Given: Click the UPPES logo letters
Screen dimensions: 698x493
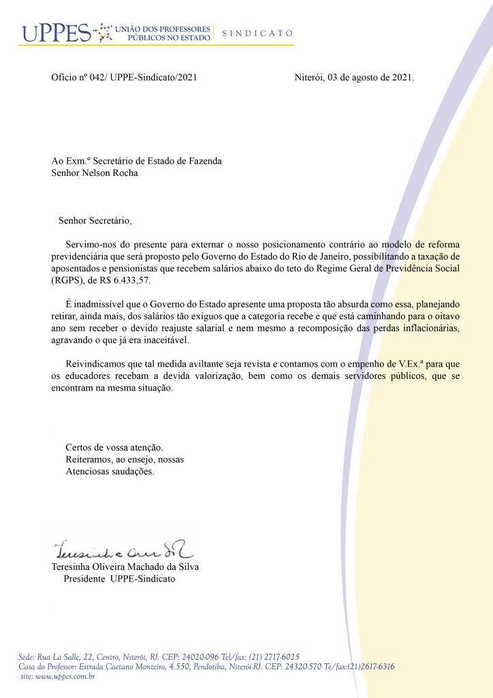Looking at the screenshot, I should (55, 32).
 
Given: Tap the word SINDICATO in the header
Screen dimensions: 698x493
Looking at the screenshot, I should (257, 33).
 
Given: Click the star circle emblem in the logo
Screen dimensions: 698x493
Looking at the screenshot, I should (104, 32).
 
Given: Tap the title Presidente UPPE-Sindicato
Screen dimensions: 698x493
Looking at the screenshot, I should (119, 579).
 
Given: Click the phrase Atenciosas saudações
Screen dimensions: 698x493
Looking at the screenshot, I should (110, 471).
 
